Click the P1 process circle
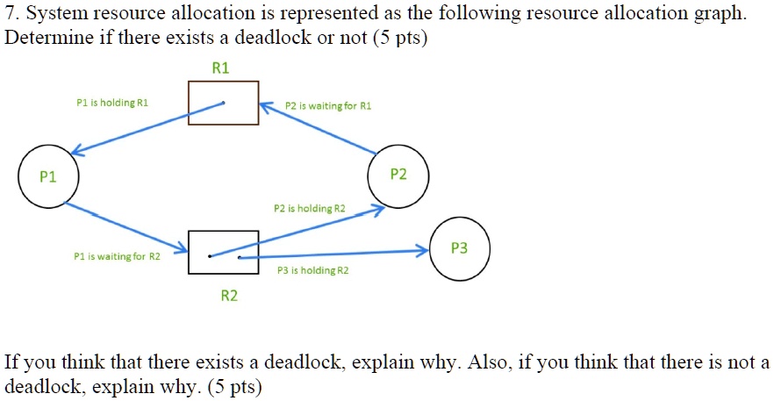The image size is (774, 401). [48, 176]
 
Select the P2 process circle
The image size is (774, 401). [398, 175]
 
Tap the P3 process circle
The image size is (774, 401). [459, 248]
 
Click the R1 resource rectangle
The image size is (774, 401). [223, 103]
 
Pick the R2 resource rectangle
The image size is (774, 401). [223, 252]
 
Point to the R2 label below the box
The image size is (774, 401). [228, 296]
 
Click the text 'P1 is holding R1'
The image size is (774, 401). [112, 103]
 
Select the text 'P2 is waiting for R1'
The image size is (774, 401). [328, 105]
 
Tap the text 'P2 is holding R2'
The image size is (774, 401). [309, 209]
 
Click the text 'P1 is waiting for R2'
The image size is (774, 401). [118, 257]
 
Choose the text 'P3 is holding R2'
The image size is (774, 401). [312, 271]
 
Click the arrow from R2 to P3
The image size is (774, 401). [333, 254]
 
